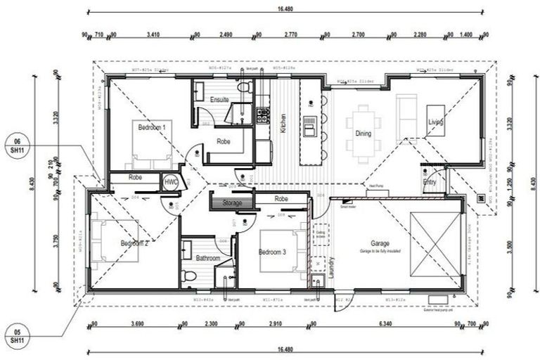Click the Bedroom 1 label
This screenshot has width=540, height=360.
[x=151, y=128]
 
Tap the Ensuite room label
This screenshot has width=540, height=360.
[x=219, y=100]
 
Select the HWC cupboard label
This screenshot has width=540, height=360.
[x=171, y=181]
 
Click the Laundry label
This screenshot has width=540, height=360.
[x=330, y=267]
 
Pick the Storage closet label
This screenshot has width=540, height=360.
[x=232, y=203]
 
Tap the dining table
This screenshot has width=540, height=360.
[x=364, y=129]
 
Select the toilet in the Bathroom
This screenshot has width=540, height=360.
[x=188, y=276]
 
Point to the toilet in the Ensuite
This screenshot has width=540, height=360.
[x=243, y=90]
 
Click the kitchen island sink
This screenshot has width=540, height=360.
[x=309, y=127]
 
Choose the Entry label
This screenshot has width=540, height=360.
[x=430, y=181]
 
